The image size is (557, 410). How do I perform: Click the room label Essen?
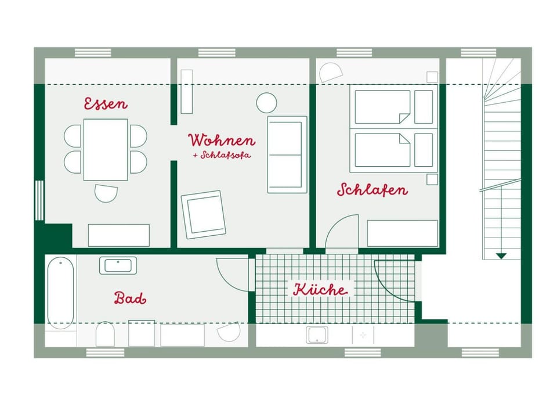106,104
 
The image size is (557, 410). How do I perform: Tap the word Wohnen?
221,141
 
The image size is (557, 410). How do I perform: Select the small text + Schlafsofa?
222,156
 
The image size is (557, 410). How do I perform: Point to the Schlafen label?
372,190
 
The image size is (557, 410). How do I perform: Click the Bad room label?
130,298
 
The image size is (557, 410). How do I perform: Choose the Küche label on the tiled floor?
320,289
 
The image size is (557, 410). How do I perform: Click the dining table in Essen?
106,149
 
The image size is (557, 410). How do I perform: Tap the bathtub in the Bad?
60,292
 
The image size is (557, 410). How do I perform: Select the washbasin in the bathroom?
118,265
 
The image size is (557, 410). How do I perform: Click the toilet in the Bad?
106,334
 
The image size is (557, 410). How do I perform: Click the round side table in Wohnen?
266,103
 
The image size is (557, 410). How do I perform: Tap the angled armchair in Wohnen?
203,214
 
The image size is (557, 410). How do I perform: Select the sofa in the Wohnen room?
287,154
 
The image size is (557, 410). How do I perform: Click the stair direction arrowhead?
501,255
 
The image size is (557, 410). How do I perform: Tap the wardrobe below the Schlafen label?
402,233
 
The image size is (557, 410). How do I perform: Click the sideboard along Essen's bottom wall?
118,235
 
